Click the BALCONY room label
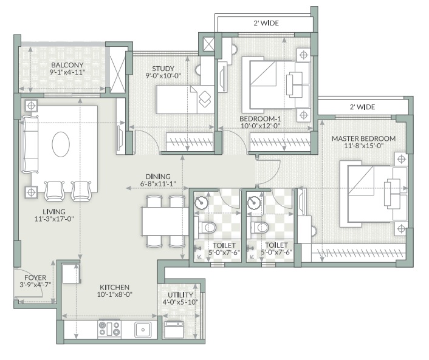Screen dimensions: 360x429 point(67,65)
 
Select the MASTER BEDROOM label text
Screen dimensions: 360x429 point(363,138)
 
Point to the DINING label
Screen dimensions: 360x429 point(157,175)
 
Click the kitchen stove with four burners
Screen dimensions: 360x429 point(109,328)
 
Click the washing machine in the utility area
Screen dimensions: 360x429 point(174,330)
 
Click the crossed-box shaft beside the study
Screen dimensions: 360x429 point(208,44)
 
